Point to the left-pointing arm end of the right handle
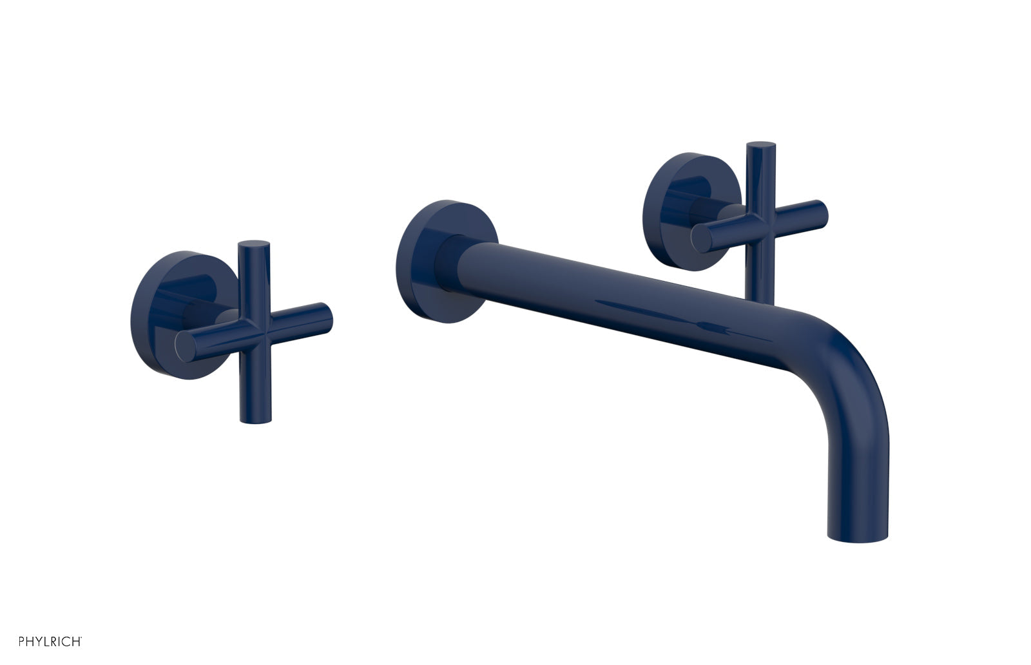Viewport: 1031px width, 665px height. tap(700, 240)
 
